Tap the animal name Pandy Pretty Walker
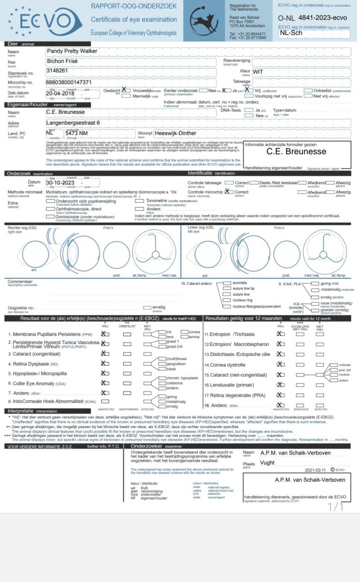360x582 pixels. tap(72, 51)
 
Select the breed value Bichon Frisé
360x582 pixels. tap(63, 61)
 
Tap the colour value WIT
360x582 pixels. tap(258, 72)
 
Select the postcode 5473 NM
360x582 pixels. tap(76, 133)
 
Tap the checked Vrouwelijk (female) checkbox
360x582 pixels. tap(124, 90)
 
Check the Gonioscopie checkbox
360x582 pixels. tap(50, 216)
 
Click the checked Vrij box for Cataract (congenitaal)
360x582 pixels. tap(105, 353)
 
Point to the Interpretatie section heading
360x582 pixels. tap(20, 411)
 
